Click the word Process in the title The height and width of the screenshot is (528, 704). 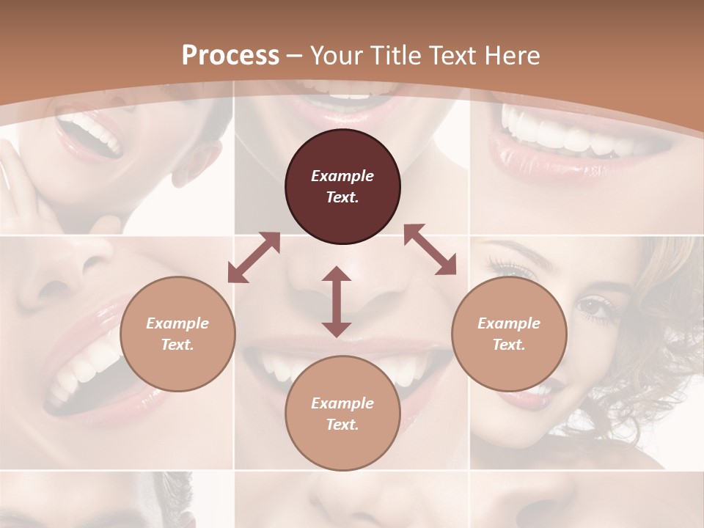(230, 56)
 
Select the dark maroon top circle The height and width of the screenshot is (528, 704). (342, 186)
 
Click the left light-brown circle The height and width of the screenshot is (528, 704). (177, 334)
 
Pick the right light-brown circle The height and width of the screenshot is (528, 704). (509, 334)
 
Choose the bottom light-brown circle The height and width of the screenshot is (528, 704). (342, 413)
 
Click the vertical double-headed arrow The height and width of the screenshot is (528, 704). (337, 302)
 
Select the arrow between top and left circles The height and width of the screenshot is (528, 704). (254, 257)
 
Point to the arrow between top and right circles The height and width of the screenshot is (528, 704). (430, 249)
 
